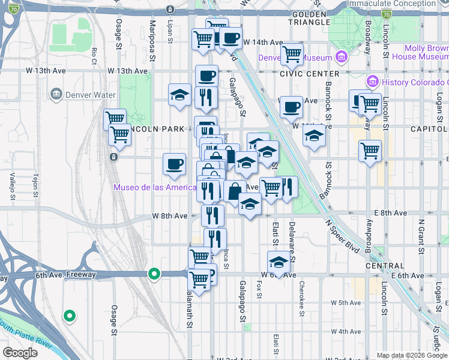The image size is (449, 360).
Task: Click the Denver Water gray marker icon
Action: tap(57, 94)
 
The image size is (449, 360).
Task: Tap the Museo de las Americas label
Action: tap(154, 188)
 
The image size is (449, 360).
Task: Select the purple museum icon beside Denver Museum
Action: tap(342, 58)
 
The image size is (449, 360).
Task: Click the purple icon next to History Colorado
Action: tap(372, 81)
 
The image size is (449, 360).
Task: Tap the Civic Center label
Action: tap(301, 73)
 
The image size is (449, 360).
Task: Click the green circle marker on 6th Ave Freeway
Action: tap(154, 274)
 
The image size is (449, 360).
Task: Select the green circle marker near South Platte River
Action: tap(70, 315)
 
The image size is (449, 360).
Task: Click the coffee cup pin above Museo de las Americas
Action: tap(175, 164)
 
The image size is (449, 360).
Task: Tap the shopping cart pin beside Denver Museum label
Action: tap(292, 54)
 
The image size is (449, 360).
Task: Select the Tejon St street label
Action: tap(35, 185)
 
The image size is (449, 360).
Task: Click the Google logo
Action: tap(20, 353)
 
